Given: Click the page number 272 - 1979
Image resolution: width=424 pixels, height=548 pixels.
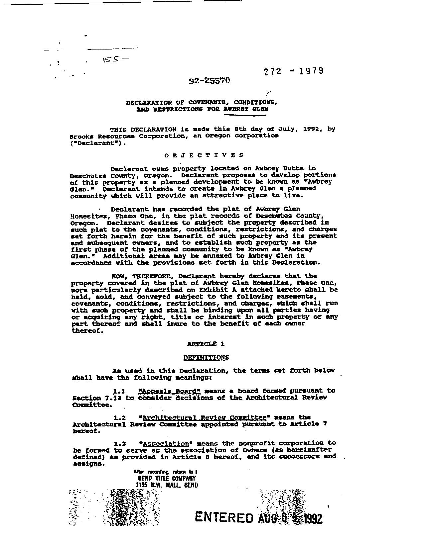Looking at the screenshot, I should [x=293, y=71].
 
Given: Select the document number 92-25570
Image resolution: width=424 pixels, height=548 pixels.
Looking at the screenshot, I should [x=209, y=81].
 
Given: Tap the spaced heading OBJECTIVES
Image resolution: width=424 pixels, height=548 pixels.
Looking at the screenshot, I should [x=204, y=155].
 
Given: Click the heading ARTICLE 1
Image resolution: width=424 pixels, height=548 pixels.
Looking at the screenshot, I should [x=206, y=344].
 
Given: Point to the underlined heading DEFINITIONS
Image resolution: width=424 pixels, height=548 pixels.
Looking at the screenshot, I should [x=206, y=358].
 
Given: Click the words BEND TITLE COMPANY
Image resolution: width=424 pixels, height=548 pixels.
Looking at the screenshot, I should [x=167, y=478].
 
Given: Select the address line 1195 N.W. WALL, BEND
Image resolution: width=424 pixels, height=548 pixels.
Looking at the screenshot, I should [x=167, y=485].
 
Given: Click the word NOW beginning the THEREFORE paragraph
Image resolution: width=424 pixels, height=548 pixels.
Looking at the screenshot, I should [x=119, y=276].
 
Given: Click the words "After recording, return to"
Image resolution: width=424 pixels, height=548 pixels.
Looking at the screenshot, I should [x=165, y=472].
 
